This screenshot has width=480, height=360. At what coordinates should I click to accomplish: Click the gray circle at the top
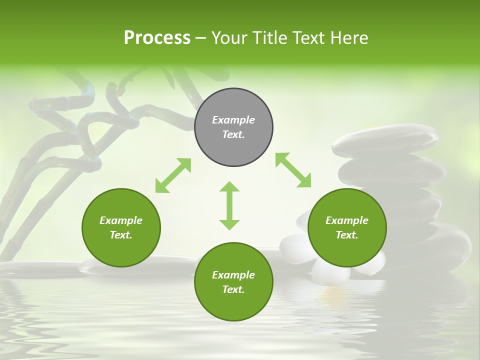pyautogui.click(x=233, y=127)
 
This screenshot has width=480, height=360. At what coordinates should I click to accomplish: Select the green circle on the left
pyautogui.click(x=121, y=228)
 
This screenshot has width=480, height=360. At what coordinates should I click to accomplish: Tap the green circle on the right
pyautogui.click(x=347, y=228)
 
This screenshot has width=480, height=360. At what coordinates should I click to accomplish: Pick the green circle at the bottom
pyautogui.click(x=233, y=282)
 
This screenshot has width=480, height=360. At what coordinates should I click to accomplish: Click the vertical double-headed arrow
pyautogui.click(x=229, y=205)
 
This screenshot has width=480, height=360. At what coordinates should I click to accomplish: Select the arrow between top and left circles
pyautogui.click(x=173, y=175)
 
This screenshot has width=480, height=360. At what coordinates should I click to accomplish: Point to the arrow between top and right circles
pyautogui.click(x=293, y=170)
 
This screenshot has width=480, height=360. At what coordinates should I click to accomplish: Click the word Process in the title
pyautogui.click(x=157, y=38)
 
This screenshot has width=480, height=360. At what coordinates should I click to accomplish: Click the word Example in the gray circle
pyautogui.click(x=233, y=120)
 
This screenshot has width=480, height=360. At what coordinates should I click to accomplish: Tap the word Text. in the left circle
pyautogui.click(x=121, y=235)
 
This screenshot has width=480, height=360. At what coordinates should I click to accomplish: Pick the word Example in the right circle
pyautogui.click(x=347, y=220)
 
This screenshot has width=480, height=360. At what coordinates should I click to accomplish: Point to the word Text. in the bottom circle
pyautogui.click(x=233, y=289)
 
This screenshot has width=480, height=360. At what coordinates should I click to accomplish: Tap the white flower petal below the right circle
pyautogui.click(x=330, y=272)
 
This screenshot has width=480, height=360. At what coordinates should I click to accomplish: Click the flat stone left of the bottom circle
pyautogui.click(x=140, y=265)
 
